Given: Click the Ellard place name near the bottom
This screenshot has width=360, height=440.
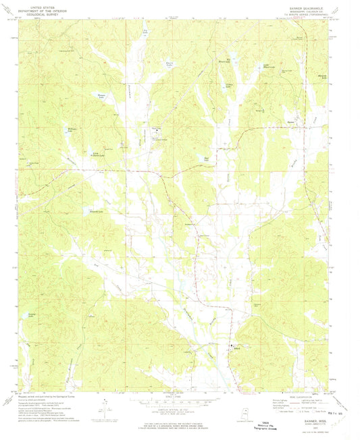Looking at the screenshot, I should coord(236,348).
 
